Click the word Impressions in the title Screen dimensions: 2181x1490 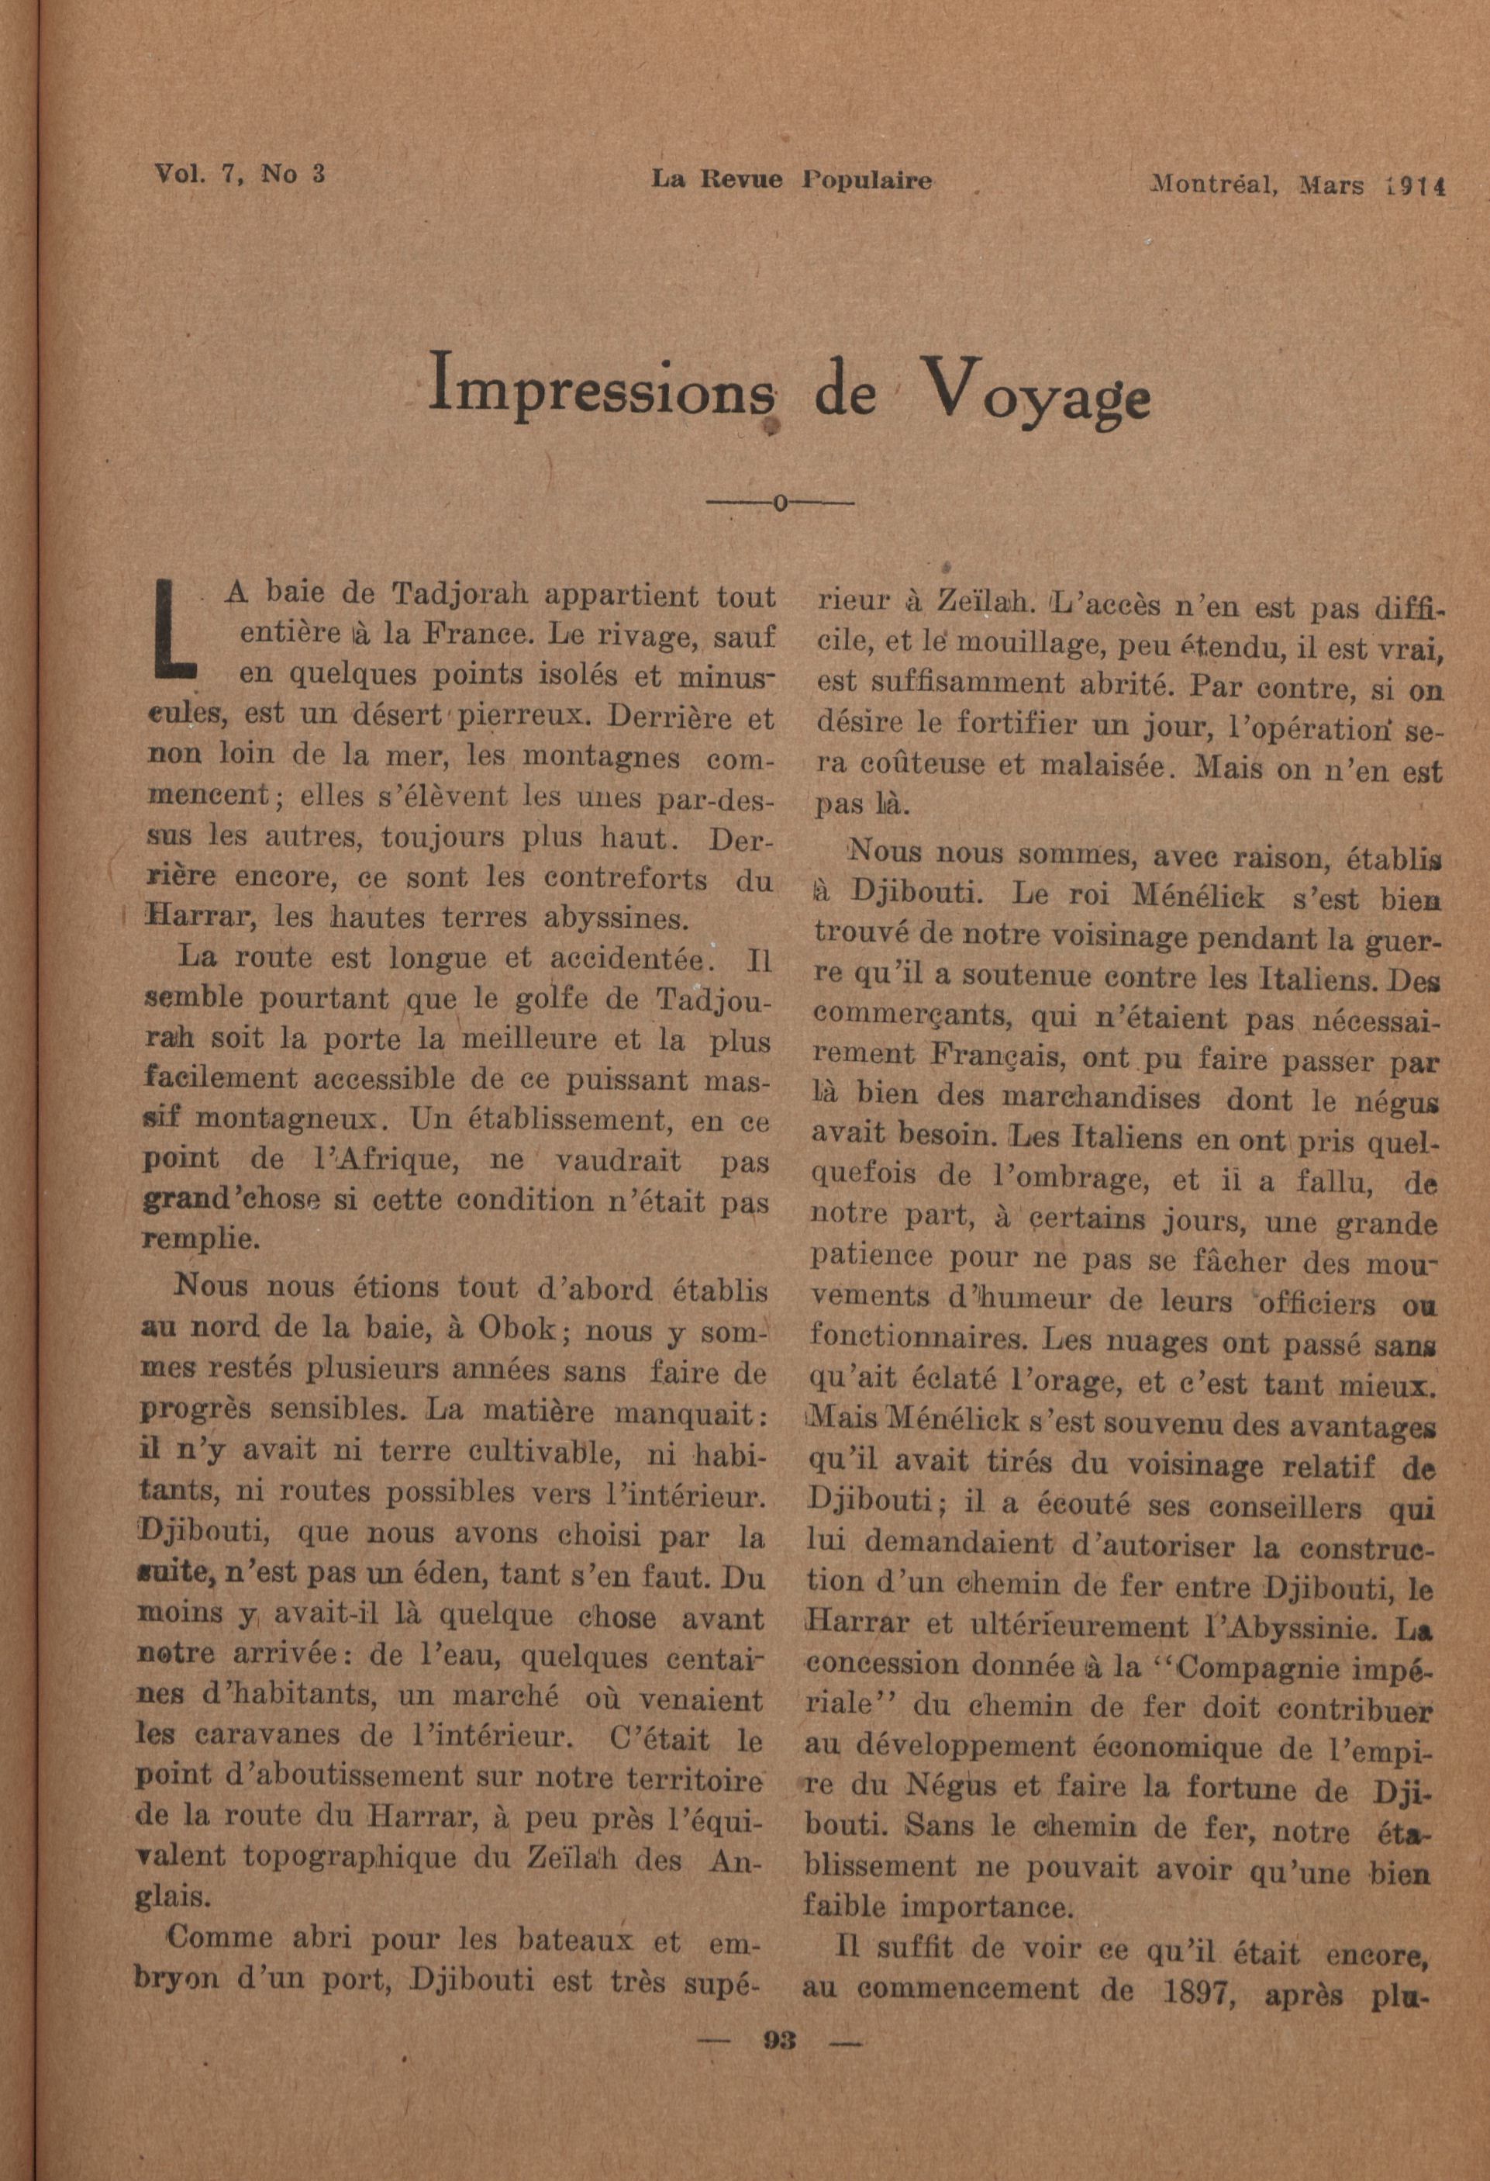point(602,385)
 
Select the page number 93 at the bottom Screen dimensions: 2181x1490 point(780,2041)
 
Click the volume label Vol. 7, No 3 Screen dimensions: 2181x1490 point(240,174)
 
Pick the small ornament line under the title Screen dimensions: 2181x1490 point(780,504)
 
